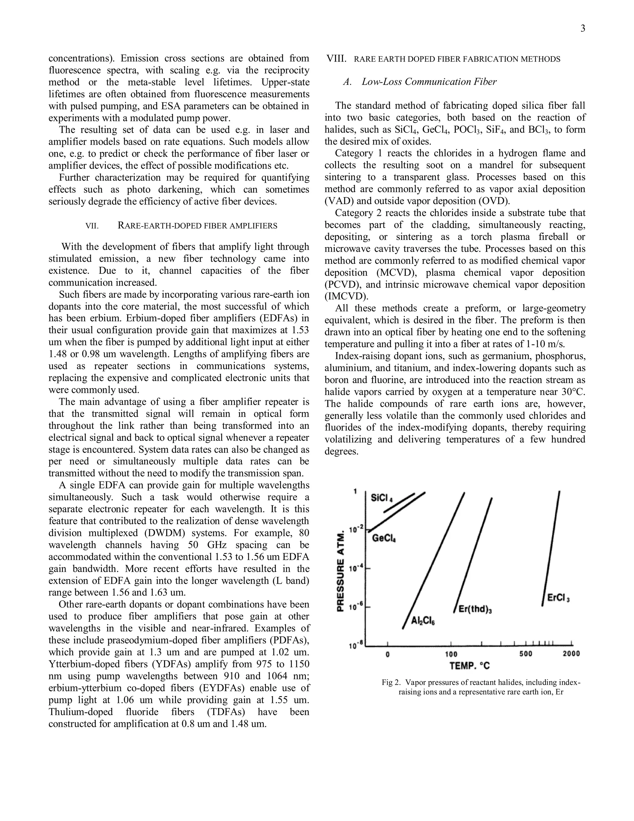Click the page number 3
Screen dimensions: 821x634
point(583,29)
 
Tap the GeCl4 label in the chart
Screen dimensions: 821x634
point(384,539)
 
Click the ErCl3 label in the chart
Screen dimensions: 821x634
point(558,598)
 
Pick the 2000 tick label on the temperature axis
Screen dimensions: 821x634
point(571,654)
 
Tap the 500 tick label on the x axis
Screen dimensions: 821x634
point(526,654)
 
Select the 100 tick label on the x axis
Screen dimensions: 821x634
point(451,654)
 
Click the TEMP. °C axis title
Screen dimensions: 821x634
point(470,666)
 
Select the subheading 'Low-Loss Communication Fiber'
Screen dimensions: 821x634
point(429,82)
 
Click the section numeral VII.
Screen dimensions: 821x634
point(92,226)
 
